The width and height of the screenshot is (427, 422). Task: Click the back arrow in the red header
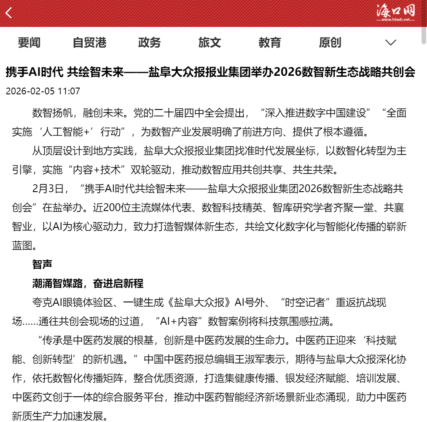point(9,13)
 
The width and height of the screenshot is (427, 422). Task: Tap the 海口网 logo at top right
point(395,13)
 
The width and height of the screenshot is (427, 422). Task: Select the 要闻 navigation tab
point(29,43)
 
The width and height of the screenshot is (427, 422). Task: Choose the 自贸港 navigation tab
point(89,43)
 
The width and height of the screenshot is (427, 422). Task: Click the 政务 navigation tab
point(150,43)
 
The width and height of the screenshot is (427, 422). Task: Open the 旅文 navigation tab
point(209,43)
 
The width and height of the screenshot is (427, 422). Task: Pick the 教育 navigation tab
point(270,43)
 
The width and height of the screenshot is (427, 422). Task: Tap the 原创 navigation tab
point(330,43)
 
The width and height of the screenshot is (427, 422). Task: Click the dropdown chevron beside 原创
point(391,43)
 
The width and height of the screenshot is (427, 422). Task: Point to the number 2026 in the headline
point(286,72)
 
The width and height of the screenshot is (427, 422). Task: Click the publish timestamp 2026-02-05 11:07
point(43,91)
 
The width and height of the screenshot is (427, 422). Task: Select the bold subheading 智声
point(42,264)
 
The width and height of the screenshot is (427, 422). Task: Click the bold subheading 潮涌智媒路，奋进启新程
point(88,283)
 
